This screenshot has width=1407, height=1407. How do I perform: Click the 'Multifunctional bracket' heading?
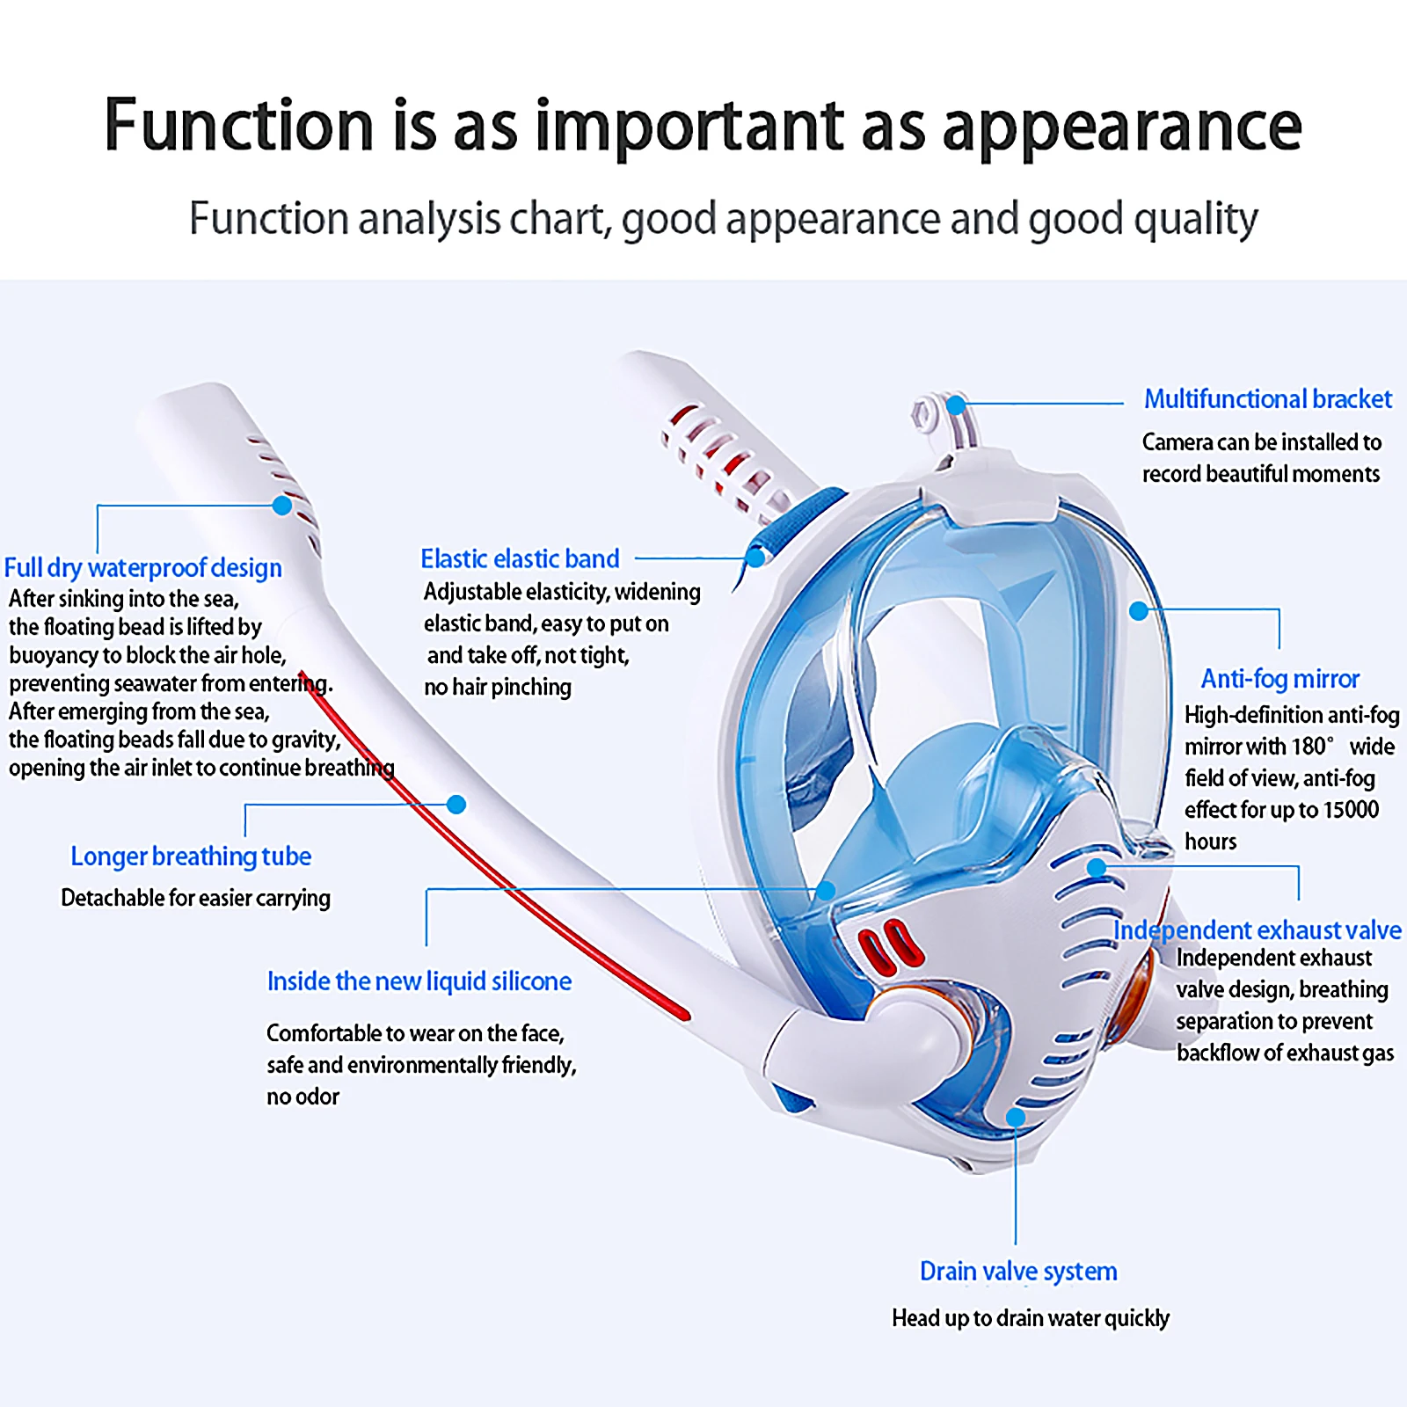1267,399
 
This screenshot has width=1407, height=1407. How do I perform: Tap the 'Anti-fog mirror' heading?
1279,679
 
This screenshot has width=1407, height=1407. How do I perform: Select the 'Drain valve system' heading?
1018,1271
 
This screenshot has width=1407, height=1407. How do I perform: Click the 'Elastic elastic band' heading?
520,558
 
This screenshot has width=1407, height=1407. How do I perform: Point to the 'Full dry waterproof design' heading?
143,568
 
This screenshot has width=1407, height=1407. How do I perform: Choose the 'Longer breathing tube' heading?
191,856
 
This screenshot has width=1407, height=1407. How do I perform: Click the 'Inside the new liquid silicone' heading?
419,981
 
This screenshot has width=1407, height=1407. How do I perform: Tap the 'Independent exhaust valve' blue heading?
1258,929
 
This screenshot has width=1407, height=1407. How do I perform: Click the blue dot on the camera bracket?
957,405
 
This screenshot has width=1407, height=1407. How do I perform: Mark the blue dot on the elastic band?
755,558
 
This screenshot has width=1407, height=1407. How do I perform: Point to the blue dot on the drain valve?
1016,1117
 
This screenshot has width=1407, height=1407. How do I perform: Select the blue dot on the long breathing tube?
456,804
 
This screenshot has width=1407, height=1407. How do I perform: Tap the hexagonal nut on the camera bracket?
925,413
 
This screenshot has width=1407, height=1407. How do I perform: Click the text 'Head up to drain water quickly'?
1031,1317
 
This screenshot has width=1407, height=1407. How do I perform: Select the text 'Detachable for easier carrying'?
196,898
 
